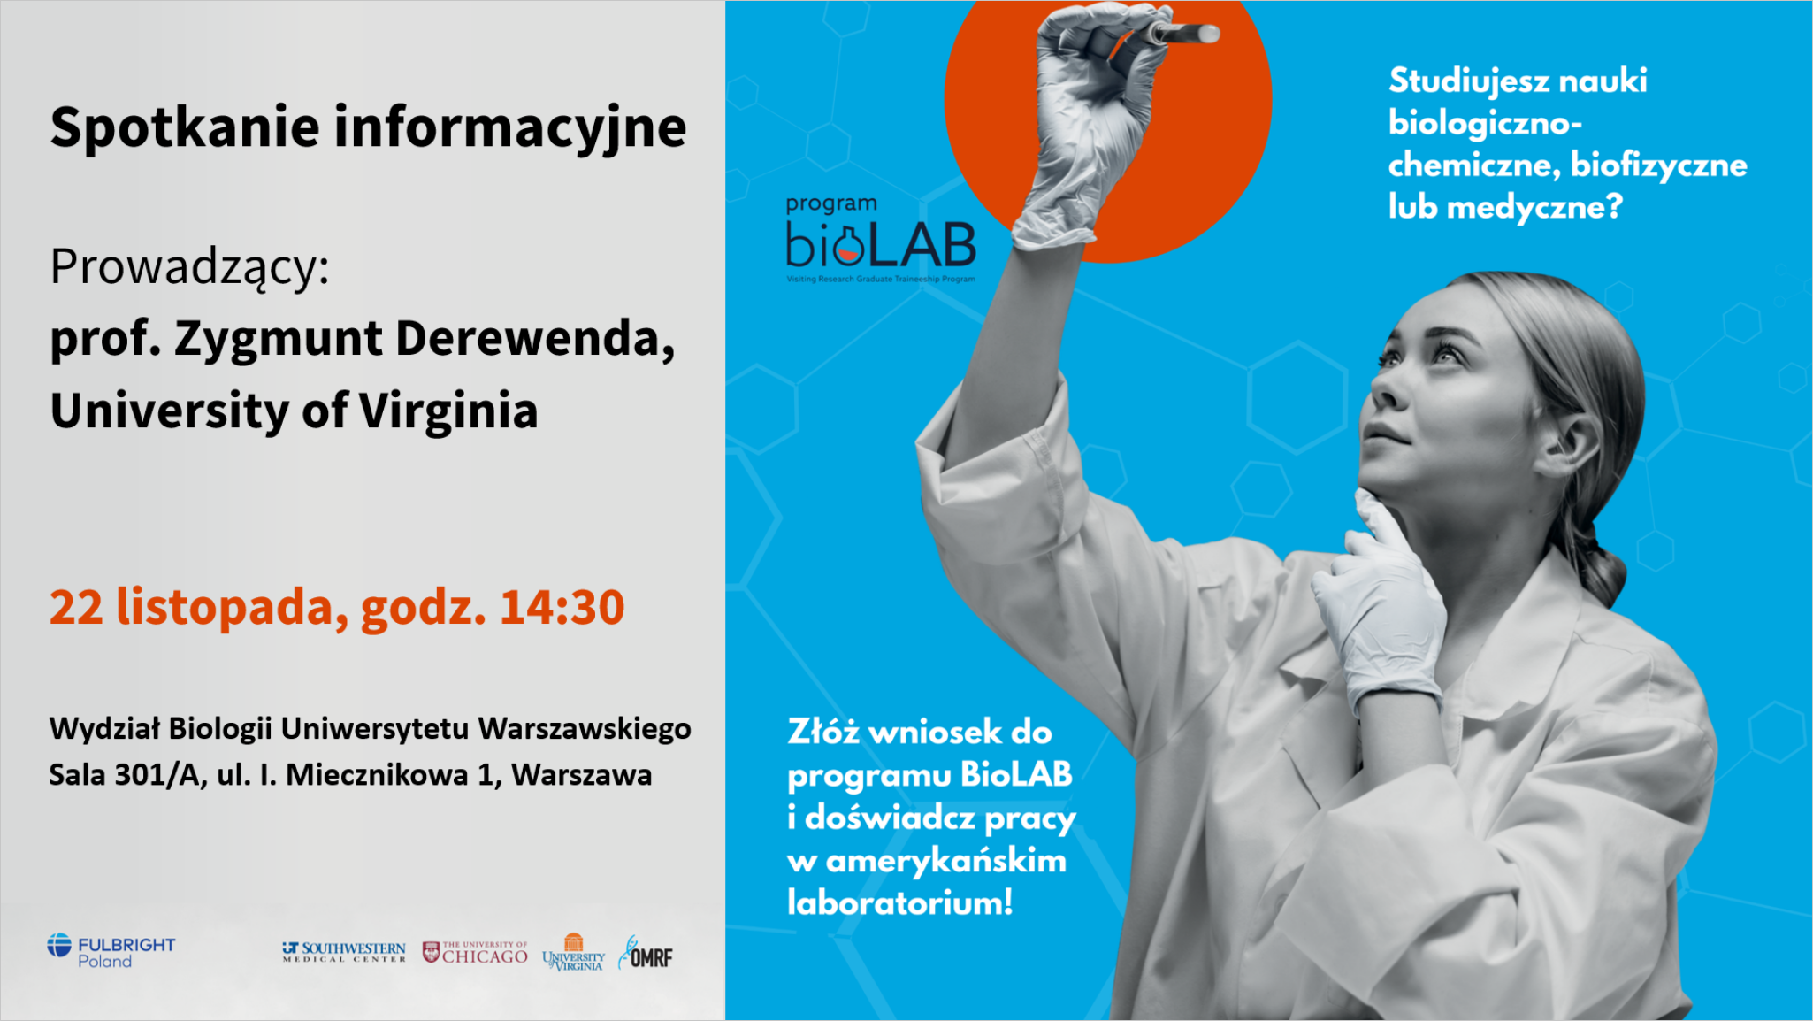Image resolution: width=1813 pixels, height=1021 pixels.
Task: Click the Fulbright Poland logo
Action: point(111,950)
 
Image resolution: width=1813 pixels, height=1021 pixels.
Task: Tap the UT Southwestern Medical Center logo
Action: point(344,952)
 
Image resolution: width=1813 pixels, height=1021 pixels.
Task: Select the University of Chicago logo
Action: point(475,952)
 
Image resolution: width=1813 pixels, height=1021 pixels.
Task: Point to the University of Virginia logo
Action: point(573,952)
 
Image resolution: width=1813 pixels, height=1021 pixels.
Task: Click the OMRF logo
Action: point(646,954)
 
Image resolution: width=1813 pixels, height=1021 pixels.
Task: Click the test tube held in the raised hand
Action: point(1182,34)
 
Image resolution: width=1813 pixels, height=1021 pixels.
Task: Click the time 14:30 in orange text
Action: point(562,607)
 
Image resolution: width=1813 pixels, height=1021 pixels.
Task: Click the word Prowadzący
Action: point(189,268)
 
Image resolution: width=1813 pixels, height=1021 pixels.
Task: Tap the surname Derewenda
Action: point(535,339)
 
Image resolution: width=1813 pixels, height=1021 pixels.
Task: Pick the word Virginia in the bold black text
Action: point(448,411)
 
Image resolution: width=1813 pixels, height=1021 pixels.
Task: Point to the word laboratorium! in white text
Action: point(900,902)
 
